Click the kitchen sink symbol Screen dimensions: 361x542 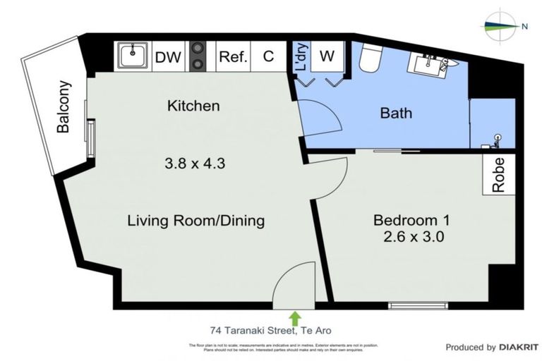point(132,56)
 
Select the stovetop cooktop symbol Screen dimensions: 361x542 point(198,57)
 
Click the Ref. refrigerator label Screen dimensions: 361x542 point(233,57)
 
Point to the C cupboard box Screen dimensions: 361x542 point(269,57)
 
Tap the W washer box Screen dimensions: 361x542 point(327,56)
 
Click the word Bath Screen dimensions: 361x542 point(396,112)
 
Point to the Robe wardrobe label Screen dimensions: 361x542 point(499,175)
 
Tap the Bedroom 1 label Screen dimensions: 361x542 point(408,219)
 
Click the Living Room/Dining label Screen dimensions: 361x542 point(195,221)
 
